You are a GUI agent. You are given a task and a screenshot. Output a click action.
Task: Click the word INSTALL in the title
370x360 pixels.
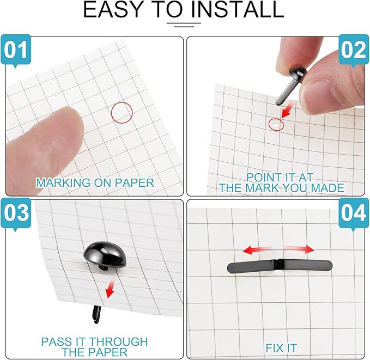237,9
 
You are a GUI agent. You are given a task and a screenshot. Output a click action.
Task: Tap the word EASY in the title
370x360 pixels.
112,9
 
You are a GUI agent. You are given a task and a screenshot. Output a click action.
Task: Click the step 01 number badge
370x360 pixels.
16,50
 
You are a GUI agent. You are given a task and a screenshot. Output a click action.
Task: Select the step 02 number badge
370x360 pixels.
354,50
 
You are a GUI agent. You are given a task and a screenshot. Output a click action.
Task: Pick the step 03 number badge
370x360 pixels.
16,213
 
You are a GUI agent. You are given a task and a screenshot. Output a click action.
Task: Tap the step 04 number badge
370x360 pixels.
354,213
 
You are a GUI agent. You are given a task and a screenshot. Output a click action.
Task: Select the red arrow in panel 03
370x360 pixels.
110,288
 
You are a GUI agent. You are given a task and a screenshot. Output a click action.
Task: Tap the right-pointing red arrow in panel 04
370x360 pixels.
300,249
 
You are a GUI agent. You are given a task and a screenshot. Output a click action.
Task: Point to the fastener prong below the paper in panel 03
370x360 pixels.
96,314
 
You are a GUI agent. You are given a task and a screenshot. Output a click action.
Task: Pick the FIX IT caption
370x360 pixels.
281,348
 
